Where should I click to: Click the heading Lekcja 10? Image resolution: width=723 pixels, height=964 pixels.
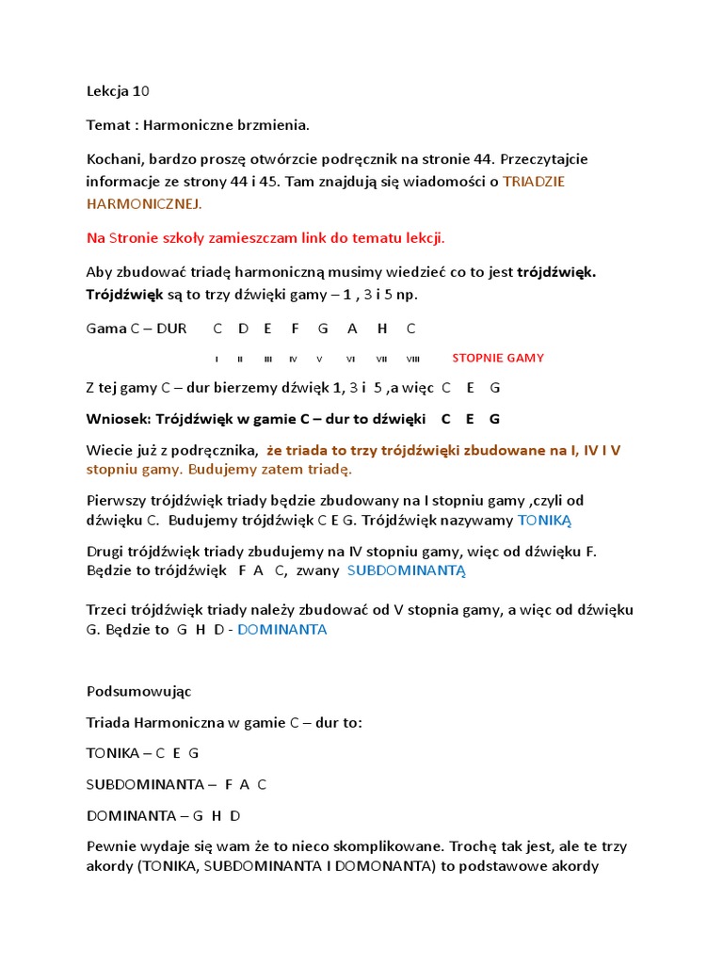point(118,91)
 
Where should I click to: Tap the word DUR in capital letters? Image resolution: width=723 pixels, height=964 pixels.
point(171,329)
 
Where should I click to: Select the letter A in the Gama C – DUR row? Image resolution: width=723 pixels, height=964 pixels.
point(352,329)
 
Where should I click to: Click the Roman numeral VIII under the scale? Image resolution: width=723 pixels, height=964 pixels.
point(413,359)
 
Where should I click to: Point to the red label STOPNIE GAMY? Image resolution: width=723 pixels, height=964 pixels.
point(498,358)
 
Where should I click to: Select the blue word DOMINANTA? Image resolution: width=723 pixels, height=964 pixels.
point(282,630)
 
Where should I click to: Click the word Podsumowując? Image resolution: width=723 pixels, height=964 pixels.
point(138,691)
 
